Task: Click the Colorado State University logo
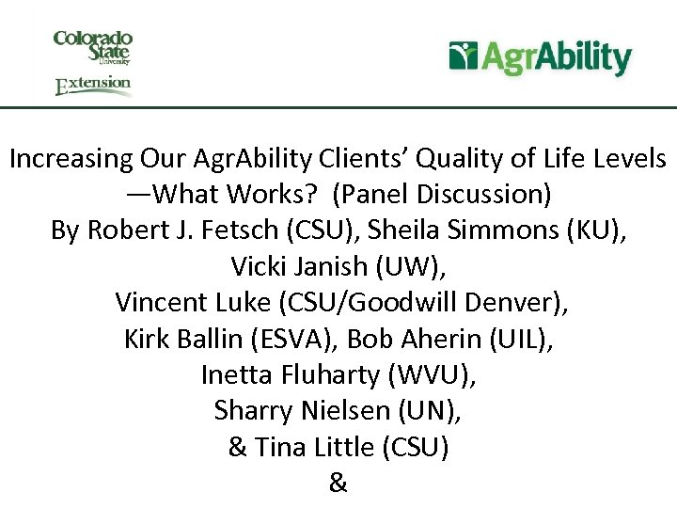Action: (92, 47)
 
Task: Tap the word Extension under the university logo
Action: (93, 85)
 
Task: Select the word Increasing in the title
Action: (69, 158)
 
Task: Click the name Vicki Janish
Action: (299, 267)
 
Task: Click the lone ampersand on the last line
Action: (338, 484)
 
